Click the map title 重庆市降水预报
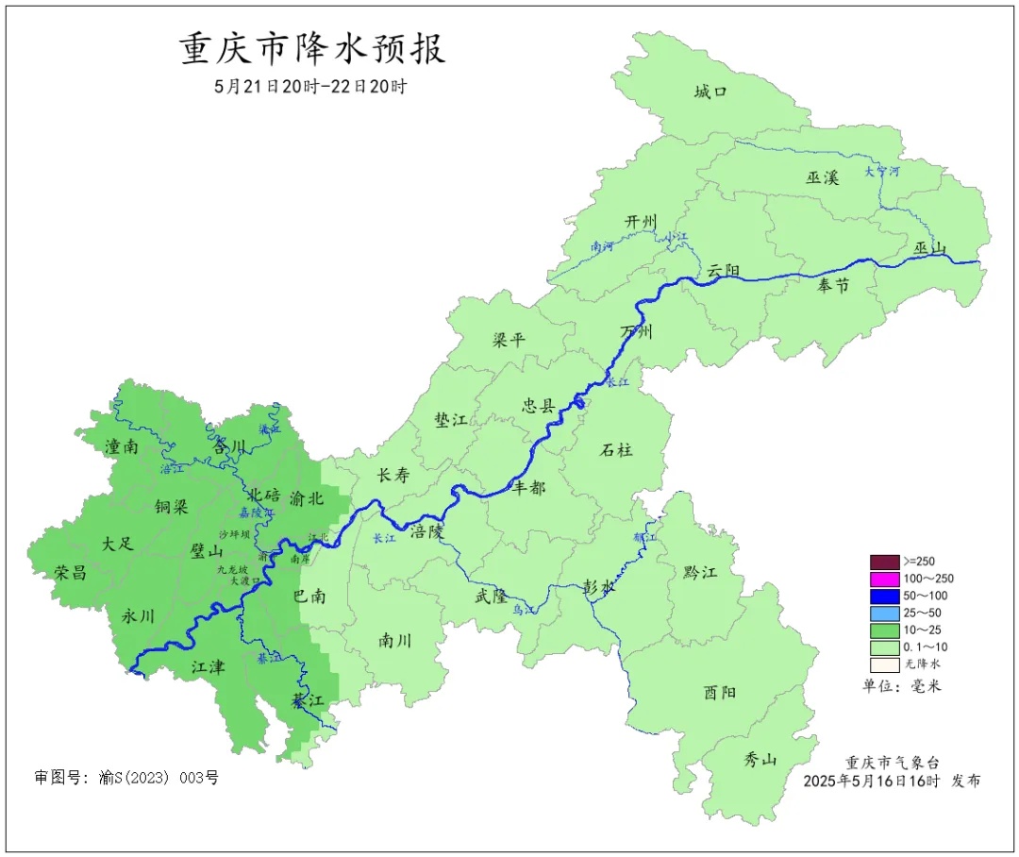[x=312, y=49]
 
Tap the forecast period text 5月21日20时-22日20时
[x=310, y=87]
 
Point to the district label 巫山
[x=929, y=248]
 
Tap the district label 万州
[x=636, y=332]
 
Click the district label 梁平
[x=509, y=340]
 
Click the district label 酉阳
[x=720, y=693]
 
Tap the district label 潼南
[x=122, y=446]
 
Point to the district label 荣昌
[x=70, y=572]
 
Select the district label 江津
[x=208, y=667]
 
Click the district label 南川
[x=394, y=640]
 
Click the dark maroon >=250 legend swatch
[x=885, y=561]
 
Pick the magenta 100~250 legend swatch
[x=885, y=578]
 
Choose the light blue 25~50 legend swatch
[x=885, y=613]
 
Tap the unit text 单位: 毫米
[x=901, y=685]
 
